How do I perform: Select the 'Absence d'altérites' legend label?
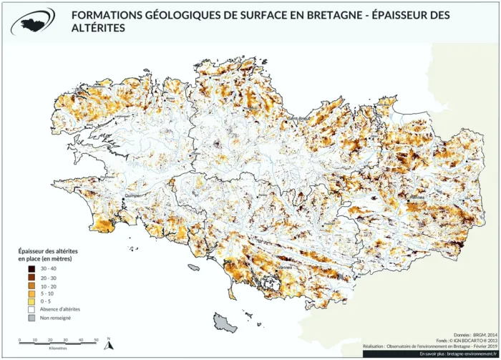pos(60,309)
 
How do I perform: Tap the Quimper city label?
pos(135,193)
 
